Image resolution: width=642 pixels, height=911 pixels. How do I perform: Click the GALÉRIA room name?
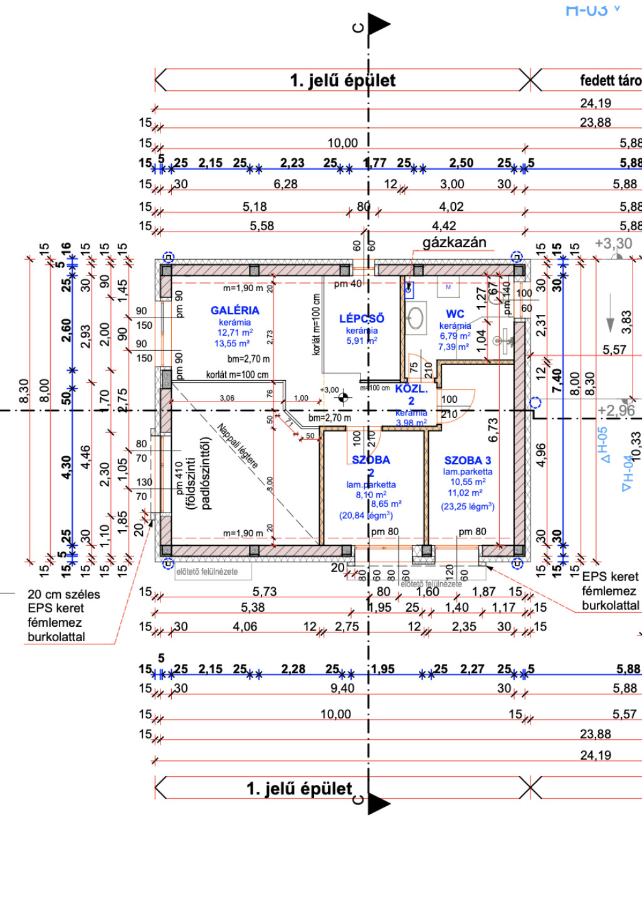(234, 310)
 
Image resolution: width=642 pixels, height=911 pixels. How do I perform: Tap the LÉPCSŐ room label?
(362, 318)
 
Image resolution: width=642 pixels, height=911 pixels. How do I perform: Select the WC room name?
(455, 314)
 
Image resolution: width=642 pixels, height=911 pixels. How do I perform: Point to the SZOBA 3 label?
(468, 461)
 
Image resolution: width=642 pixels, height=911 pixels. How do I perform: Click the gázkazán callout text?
(454, 242)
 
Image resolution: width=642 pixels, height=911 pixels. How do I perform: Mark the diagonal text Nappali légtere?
(238, 446)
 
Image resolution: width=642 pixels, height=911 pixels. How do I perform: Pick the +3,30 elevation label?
(613, 243)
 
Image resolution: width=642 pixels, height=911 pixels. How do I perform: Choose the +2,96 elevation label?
(616, 410)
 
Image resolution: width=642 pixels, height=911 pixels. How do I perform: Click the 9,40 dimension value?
(342, 688)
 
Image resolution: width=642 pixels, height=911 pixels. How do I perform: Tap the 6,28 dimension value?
(285, 184)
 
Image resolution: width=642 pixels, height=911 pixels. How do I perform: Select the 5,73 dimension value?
(265, 591)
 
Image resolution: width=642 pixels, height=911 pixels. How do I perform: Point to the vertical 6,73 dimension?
(493, 430)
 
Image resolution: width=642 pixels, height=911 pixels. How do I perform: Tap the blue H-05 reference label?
(604, 445)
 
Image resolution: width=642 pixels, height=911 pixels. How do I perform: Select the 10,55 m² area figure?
(468, 482)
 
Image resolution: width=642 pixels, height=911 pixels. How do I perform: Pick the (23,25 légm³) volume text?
(468, 506)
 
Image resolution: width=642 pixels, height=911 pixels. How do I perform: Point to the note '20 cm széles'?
(63, 594)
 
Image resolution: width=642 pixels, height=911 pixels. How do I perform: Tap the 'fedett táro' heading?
(610, 80)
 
